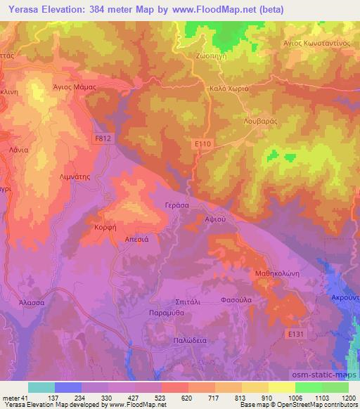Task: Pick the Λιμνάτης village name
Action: (x=75, y=178)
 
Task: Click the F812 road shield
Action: (x=103, y=139)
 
